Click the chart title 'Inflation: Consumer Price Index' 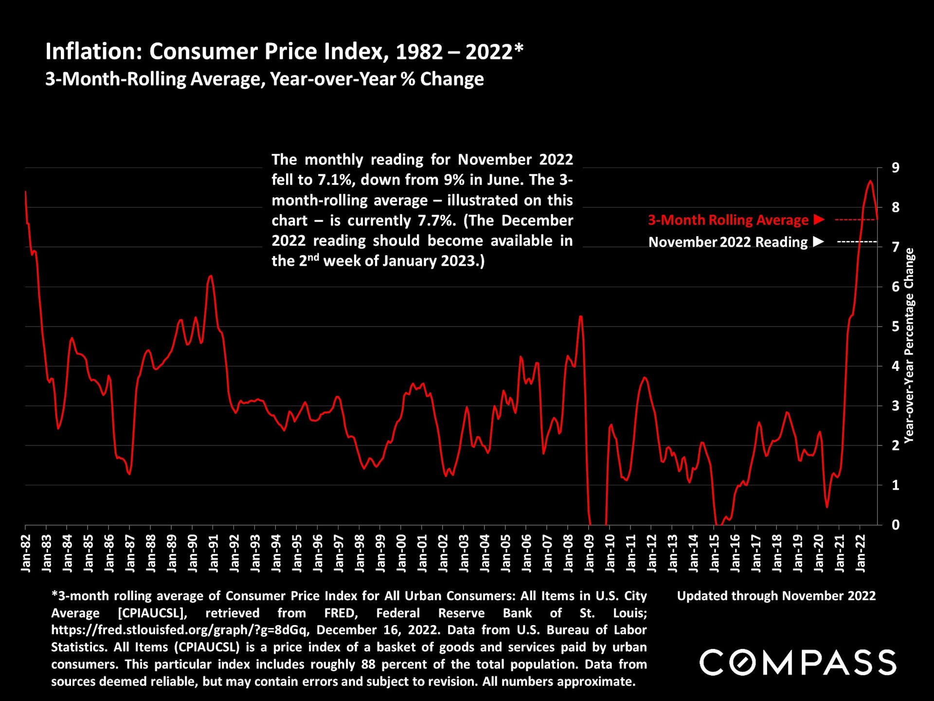284,52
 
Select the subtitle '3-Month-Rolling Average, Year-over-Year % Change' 265,79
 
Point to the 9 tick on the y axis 895,168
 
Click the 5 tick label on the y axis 895,327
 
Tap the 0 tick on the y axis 895,525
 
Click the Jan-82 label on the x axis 26,553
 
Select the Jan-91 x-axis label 214,553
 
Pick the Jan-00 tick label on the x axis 401,553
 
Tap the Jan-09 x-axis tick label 589,553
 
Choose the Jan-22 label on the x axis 861,553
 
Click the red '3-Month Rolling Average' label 728,220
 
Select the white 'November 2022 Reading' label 728,242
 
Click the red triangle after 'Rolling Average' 819,220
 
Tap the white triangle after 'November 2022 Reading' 819,241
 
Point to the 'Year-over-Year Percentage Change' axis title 909,346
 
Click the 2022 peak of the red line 870,181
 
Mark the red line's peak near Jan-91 210,276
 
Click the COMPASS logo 798,663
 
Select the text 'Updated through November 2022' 776,596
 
